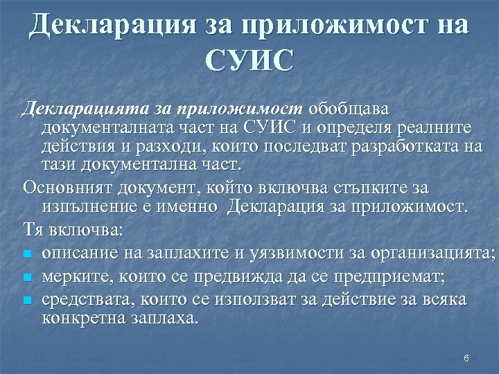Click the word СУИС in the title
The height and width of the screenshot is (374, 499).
(249, 61)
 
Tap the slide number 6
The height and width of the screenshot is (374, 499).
(466, 358)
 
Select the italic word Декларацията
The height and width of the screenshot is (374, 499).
(74, 109)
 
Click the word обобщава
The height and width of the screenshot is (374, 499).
(349, 109)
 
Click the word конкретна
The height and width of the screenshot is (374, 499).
(80, 319)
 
